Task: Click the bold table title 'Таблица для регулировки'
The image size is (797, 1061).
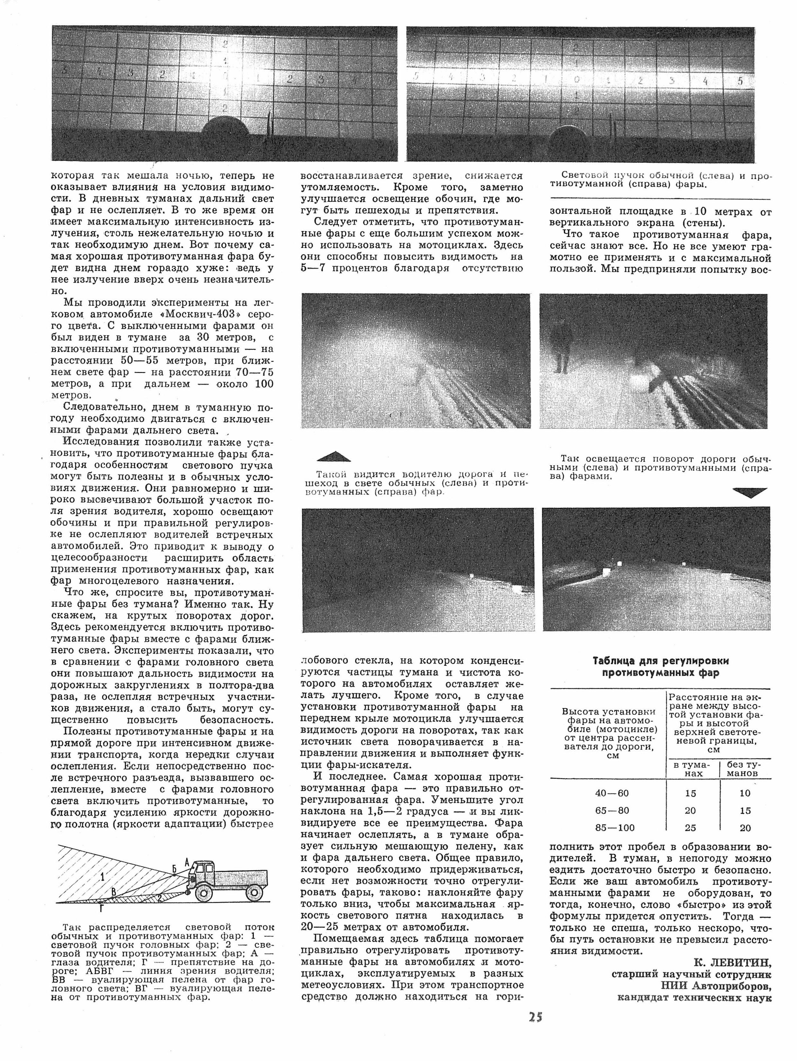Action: [x=660, y=661]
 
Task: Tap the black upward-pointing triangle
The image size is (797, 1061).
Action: [x=334, y=456]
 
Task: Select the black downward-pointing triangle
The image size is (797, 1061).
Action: [x=749, y=493]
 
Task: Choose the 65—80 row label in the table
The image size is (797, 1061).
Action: [x=612, y=811]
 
